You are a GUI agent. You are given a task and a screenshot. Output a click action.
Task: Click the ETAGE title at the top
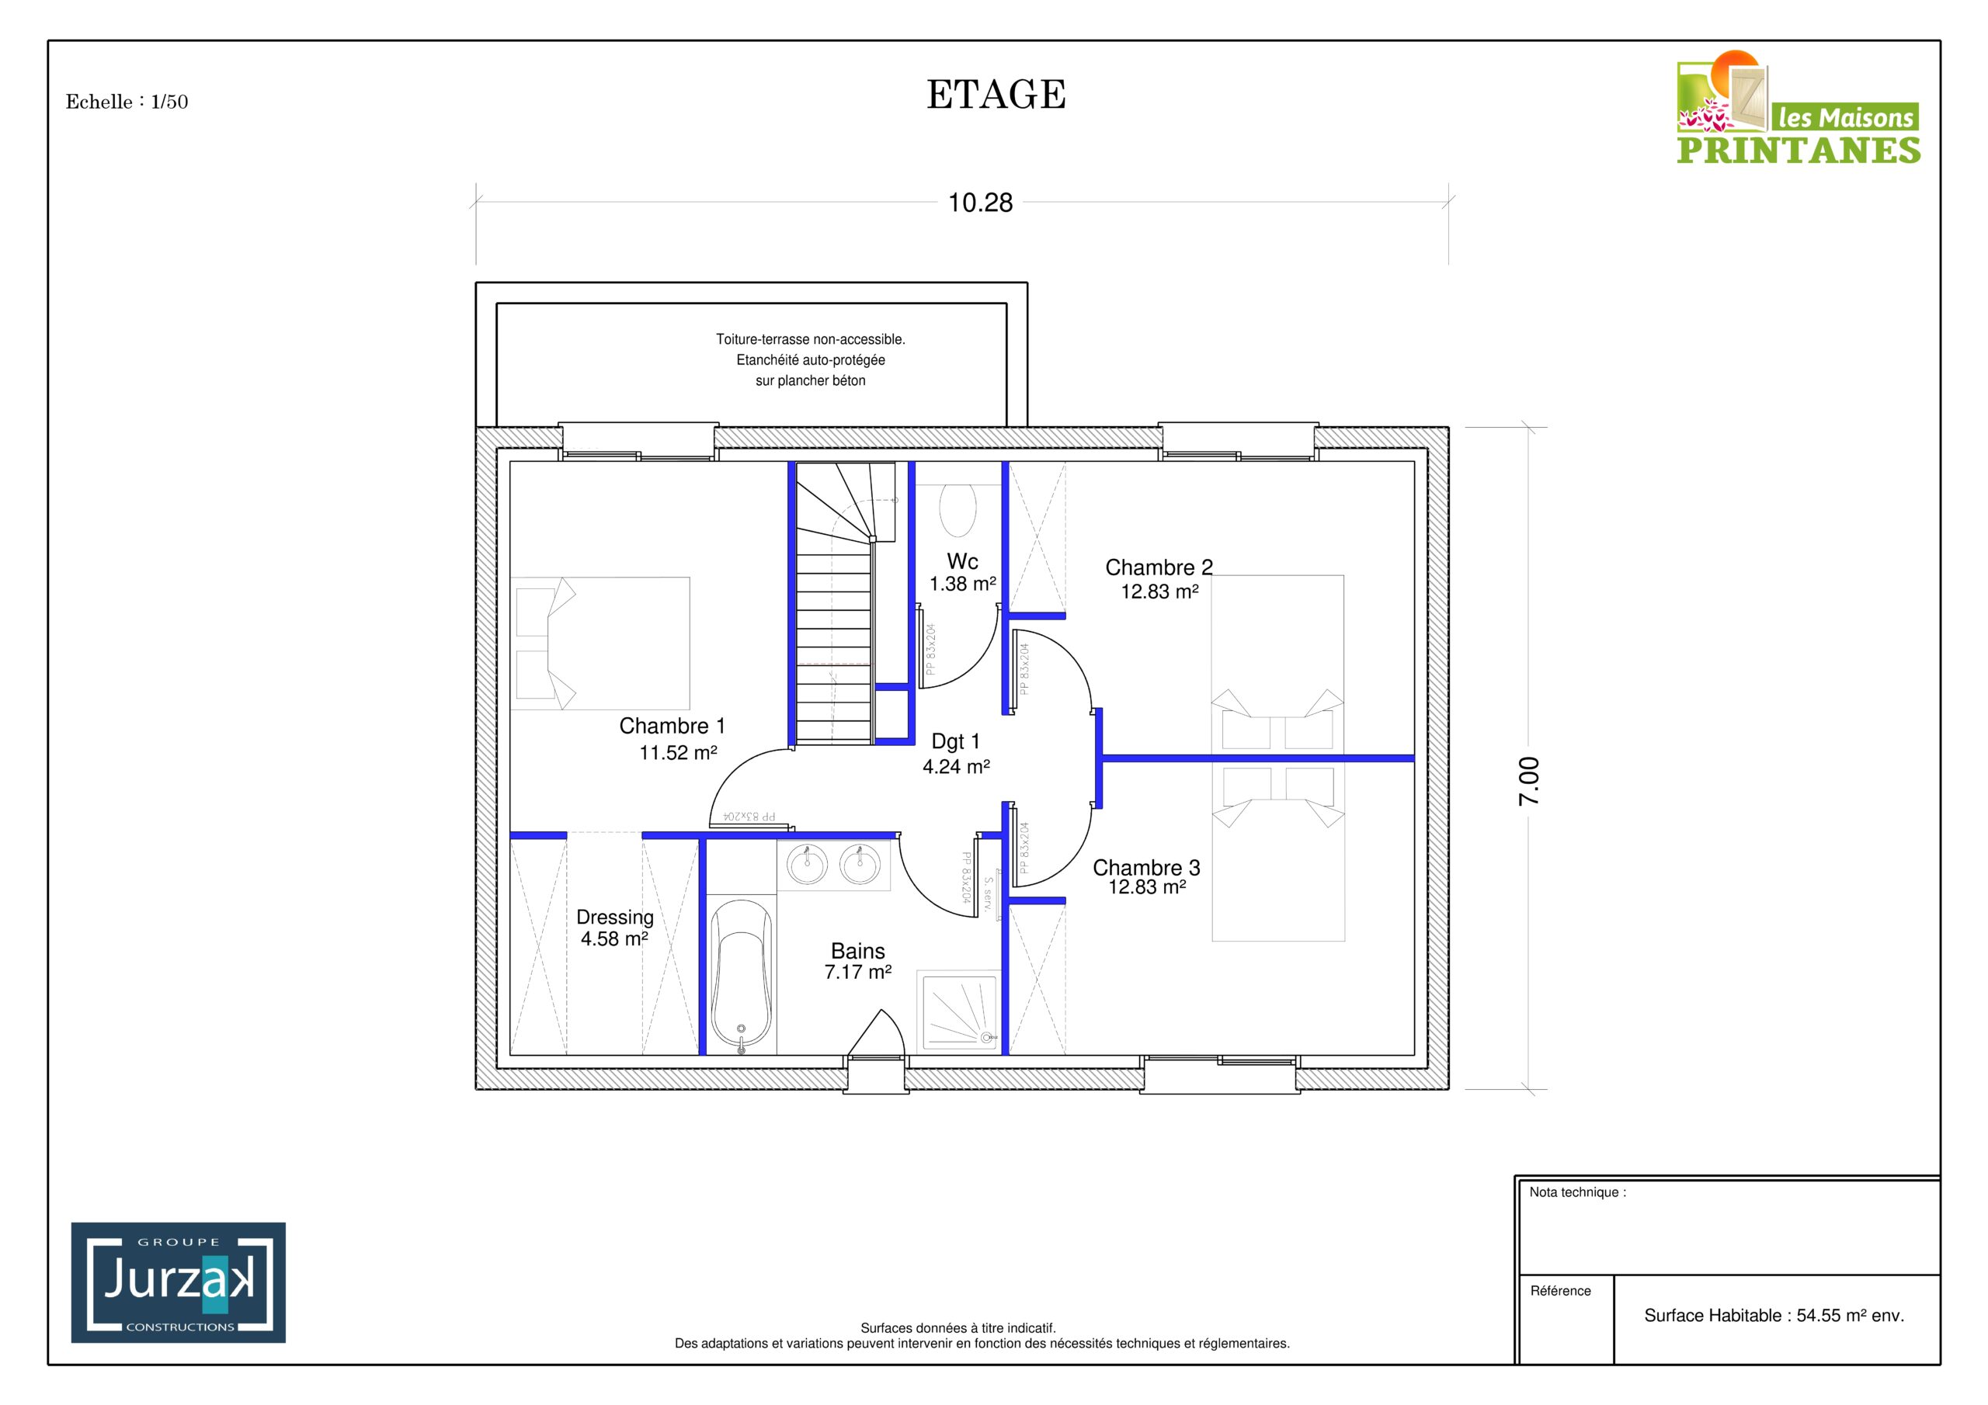(x=996, y=95)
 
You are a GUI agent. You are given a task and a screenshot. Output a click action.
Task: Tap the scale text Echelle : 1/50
(x=127, y=102)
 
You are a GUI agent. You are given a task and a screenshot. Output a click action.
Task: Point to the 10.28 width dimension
(x=980, y=203)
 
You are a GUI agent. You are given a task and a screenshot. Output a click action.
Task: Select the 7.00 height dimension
(x=1529, y=781)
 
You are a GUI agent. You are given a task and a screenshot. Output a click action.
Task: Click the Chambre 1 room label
(x=672, y=726)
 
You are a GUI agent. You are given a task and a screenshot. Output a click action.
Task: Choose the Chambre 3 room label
(x=1146, y=867)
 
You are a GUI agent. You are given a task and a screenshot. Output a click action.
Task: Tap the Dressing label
(x=615, y=918)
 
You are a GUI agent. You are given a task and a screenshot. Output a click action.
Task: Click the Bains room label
(x=858, y=952)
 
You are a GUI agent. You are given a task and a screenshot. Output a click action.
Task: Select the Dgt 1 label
(x=956, y=741)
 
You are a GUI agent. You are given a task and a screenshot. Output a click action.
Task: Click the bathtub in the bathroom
(x=741, y=975)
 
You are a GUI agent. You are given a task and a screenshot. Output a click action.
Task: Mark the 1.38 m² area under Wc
(x=963, y=585)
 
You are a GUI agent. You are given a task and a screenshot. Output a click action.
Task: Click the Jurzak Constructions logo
(x=179, y=1282)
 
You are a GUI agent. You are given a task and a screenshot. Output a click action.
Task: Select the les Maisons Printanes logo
(x=1799, y=107)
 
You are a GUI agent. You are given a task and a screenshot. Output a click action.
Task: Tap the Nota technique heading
(x=1577, y=1192)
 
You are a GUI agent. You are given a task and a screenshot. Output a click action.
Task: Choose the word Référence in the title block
(x=1560, y=1291)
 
